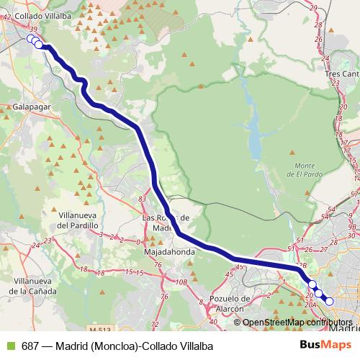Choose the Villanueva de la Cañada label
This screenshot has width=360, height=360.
point(29,287)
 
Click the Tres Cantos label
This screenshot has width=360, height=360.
point(341,73)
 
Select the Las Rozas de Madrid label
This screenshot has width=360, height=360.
point(166,223)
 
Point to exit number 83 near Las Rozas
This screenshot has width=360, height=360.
point(142,199)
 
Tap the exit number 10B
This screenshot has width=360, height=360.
point(182,282)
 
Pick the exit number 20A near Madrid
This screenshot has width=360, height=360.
point(310,305)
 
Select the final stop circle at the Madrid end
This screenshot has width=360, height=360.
point(329,301)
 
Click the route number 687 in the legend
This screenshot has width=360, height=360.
point(31,345)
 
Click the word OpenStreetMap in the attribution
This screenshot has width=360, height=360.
point(276,322)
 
